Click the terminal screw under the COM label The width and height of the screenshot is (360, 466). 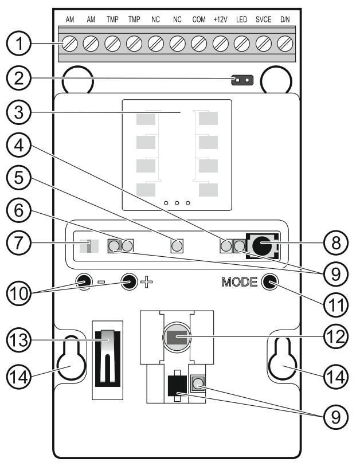[199, 43]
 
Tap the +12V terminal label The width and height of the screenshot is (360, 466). [220, 19]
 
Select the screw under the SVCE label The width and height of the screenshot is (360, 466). [263, 43]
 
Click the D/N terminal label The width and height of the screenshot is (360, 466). [285, 19]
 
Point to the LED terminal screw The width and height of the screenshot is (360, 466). [242, 43]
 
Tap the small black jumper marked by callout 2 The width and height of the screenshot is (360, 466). [241, 81]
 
